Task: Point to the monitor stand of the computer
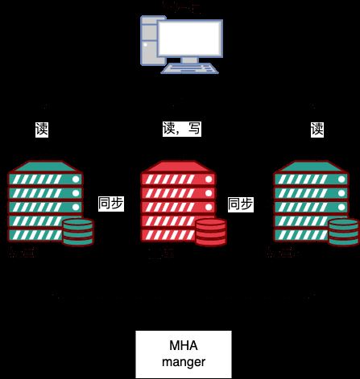pos(191,60)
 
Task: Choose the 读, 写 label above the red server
pos(182,129)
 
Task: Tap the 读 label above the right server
pos(317,129)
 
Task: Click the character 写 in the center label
pos(194,129)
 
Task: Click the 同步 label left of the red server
pos(110,204)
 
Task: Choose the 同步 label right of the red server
pos(241,204)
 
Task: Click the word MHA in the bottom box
pos(183,346)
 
